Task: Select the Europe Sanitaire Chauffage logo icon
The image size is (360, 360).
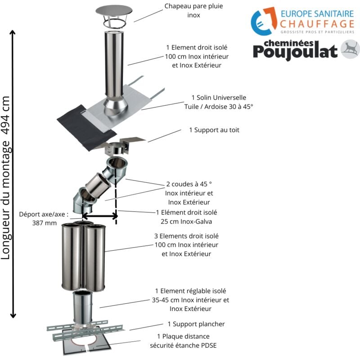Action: [263, 21]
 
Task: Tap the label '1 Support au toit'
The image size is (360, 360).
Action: [214, 130]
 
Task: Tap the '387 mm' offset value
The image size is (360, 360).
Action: [45, 222]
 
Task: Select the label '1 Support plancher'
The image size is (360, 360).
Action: [196, 324]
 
